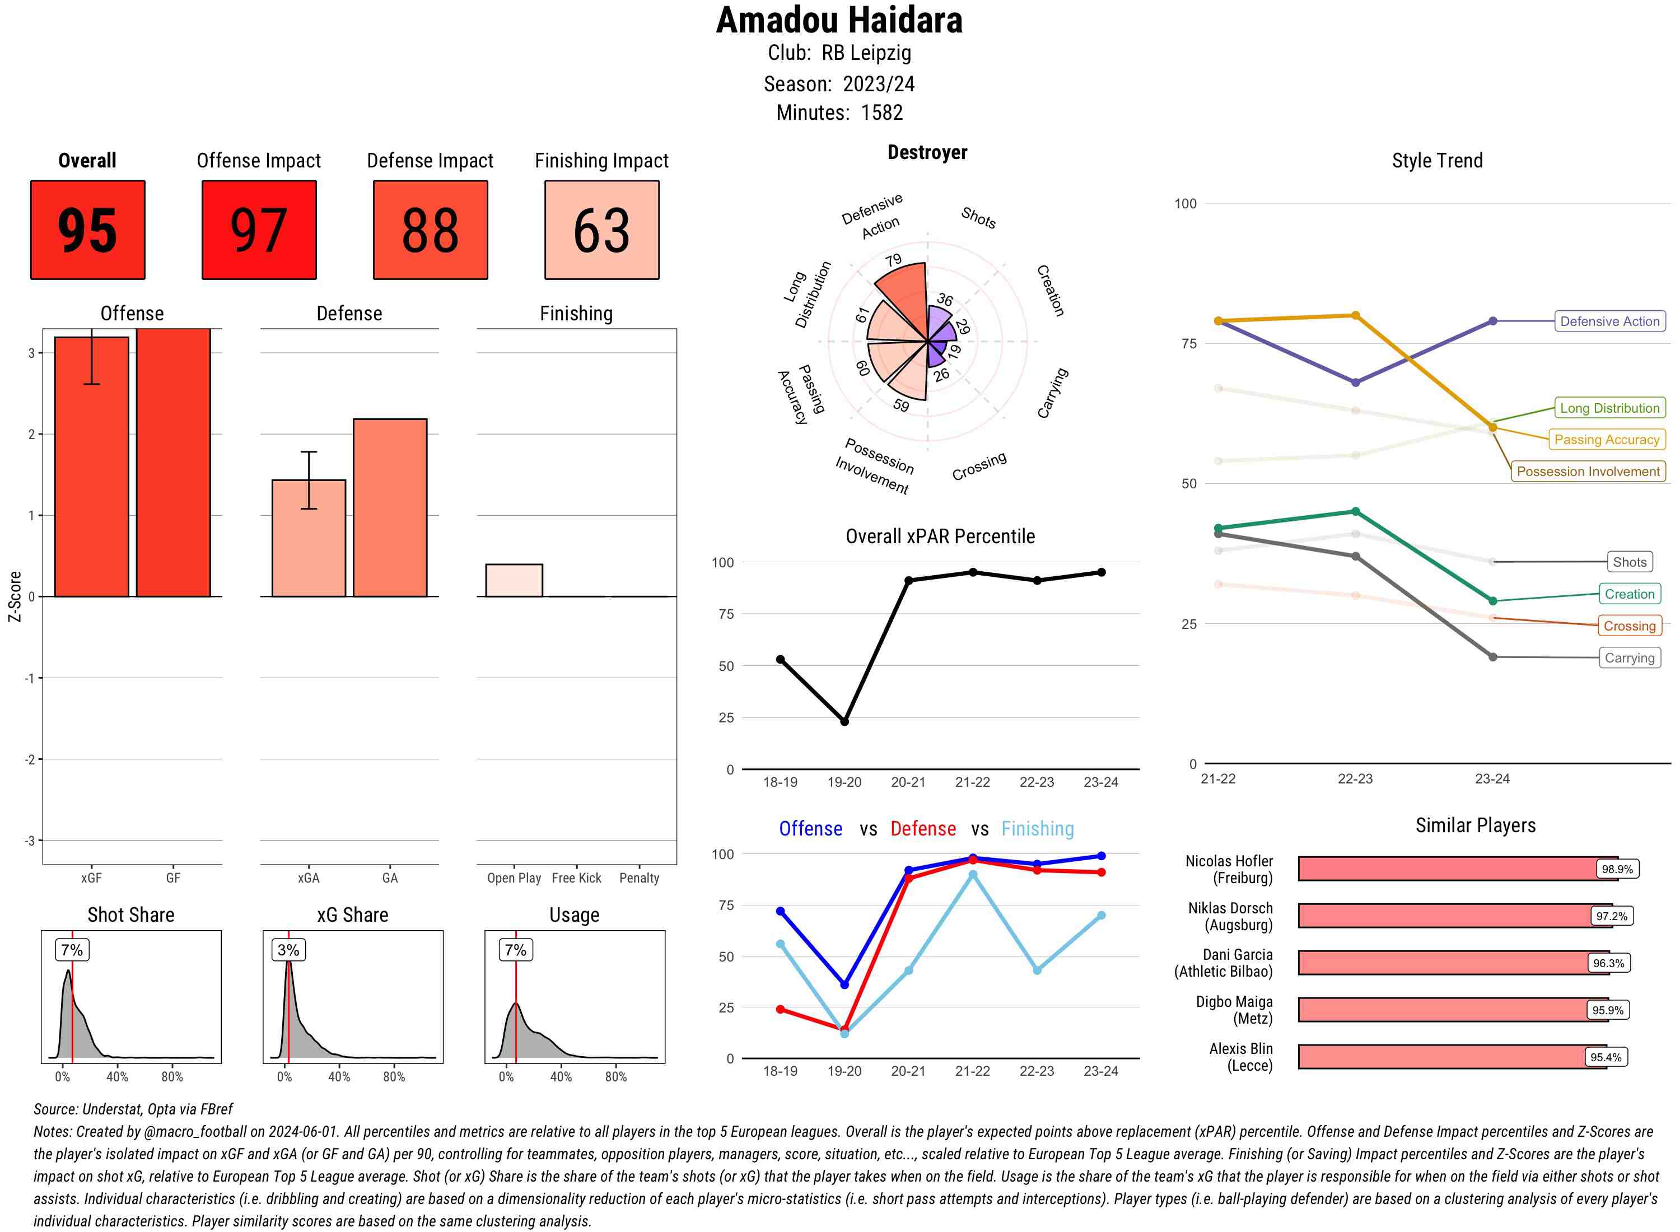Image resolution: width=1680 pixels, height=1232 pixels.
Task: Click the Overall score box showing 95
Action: tap(87, 230)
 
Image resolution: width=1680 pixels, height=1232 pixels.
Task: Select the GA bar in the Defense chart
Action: tap(390, 507)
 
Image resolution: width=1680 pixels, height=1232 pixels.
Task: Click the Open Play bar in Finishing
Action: tap(514, 580)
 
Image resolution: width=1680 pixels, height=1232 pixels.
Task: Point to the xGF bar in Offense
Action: tap(92, 466)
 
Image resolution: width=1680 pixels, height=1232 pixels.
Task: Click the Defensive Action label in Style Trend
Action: tap(1609, 321)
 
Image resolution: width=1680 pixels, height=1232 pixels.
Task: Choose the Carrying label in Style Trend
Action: tap(1629, 658)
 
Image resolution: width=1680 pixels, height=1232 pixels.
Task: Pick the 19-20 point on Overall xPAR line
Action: tap(844, 721)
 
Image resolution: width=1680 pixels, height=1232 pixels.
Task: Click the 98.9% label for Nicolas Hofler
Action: tap(1617, 869)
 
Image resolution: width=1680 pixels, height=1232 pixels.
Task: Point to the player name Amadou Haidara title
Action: tap(839, 20)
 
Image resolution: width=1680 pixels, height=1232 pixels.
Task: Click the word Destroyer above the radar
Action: tap(927, 153)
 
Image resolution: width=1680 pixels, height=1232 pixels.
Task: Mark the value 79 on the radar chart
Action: tap(893, 260)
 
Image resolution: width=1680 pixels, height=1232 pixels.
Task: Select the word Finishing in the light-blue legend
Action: tap(1037, 829)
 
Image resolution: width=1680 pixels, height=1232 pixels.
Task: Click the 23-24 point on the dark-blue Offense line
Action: tap(1102, 856)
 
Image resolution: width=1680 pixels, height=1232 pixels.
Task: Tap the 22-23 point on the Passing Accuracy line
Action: tap(1355, 315)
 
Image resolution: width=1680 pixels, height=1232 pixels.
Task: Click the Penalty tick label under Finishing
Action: tap(639, 878)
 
